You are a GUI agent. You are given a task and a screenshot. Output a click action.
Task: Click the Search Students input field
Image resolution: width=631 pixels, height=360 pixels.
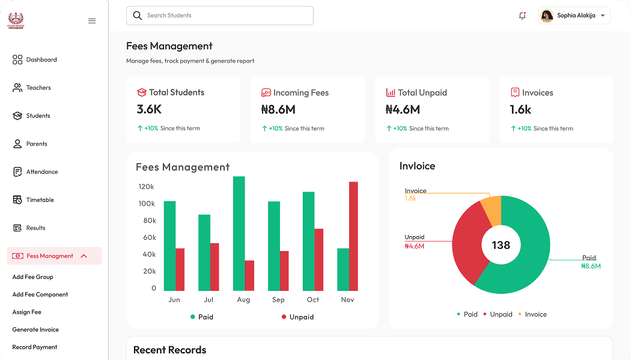pos(219,16)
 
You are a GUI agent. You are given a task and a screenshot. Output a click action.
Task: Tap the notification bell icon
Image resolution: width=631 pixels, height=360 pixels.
pos(522,16)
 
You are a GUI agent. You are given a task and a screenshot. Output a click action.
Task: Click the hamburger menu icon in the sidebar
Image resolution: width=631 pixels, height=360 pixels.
pos(92,21)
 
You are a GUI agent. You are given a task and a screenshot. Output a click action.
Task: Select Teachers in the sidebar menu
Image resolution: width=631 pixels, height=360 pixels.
pos(38,88)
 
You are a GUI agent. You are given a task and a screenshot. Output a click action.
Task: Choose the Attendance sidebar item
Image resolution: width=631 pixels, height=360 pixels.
pos(41,172)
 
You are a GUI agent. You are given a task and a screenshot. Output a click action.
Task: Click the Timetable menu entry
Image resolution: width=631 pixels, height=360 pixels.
pos(40,200)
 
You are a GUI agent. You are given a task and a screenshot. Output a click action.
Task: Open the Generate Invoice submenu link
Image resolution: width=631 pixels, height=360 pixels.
pos(35,329)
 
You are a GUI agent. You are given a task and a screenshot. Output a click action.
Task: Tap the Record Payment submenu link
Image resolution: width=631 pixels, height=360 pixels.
pos(35,347)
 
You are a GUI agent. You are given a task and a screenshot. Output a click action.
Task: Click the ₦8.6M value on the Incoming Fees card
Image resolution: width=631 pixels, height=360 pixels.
pos(278,110)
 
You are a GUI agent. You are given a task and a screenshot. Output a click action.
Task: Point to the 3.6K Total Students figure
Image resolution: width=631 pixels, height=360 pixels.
pos(149,109)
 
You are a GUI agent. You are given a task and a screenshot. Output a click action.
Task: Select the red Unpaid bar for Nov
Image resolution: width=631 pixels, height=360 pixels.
pos(353,236)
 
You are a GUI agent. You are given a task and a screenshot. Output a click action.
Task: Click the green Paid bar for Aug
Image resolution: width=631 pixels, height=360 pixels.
pos(239,233)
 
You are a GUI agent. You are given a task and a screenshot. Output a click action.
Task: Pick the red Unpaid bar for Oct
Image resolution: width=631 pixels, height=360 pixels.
pos(319,260)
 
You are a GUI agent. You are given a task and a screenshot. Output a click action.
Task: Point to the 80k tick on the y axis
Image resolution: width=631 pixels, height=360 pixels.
pos(149,221)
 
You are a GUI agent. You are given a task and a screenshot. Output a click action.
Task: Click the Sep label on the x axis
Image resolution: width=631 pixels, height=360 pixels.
pos(278,299)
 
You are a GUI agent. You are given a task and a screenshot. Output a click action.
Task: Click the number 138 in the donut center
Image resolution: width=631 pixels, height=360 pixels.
pos(501,245)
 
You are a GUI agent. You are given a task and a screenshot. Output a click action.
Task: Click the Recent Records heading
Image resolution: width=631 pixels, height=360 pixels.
pos(169,350)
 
